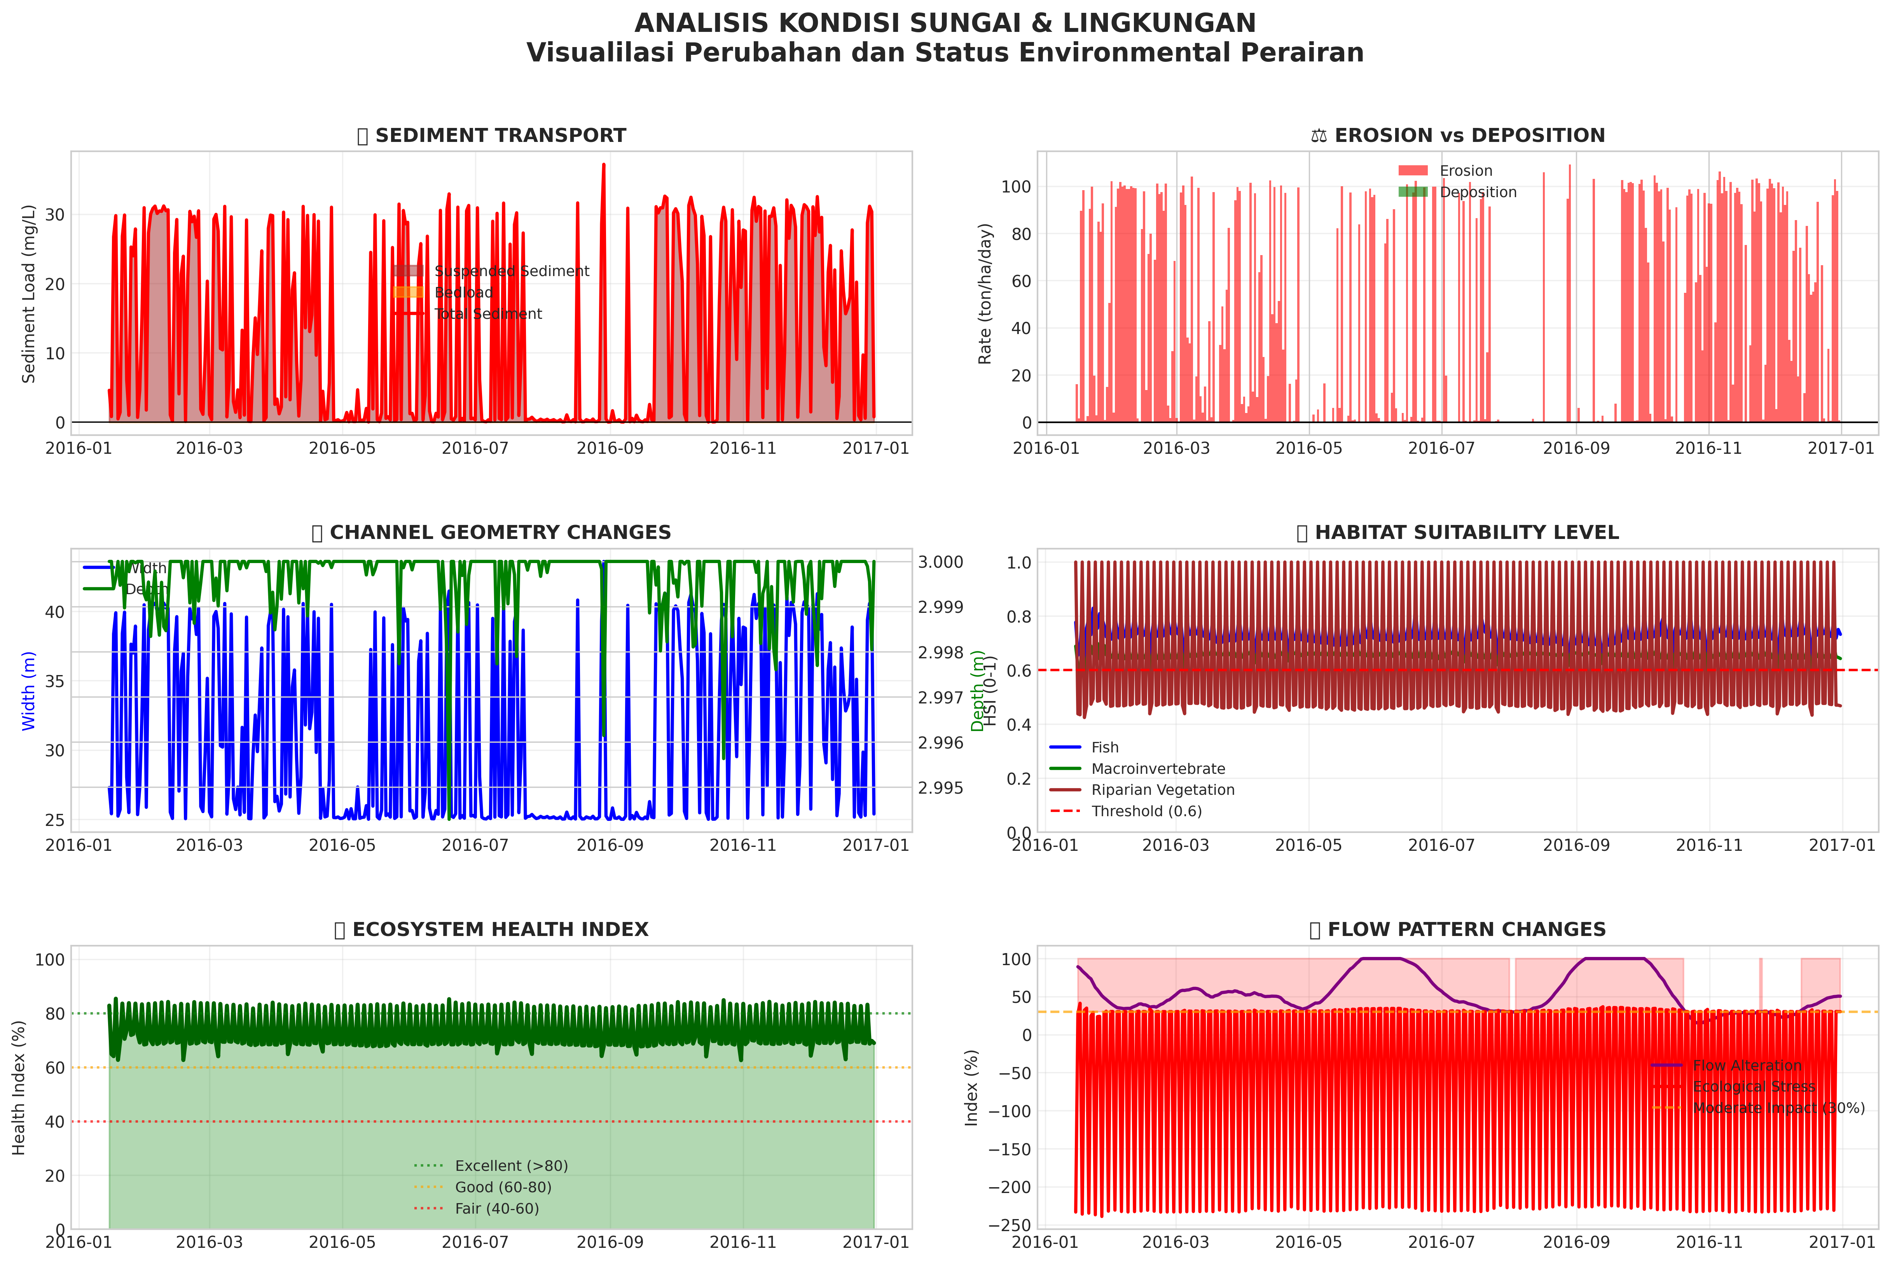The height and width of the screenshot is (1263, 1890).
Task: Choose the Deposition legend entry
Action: coord(1478,192)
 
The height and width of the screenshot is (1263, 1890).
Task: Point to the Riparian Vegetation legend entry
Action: coord(1162,790)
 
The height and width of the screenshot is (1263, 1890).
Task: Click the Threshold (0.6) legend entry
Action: coord(1146,811)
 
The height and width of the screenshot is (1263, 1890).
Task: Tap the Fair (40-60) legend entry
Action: coord(496,1208)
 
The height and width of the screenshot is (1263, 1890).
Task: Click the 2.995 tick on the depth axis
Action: coord(941,788)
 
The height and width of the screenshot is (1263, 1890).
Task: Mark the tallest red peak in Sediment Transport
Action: coord(603,165)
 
